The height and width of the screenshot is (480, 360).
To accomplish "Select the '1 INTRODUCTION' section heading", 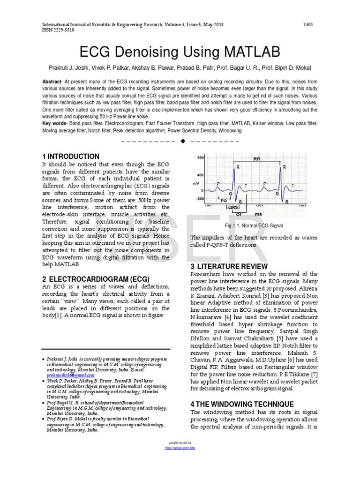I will click(71, 157).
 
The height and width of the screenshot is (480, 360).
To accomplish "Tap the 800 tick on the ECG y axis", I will click(201, 158).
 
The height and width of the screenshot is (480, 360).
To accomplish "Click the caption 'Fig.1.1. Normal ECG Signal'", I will click(254, 225).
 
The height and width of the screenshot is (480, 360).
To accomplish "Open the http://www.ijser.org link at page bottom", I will click(180, 448).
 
